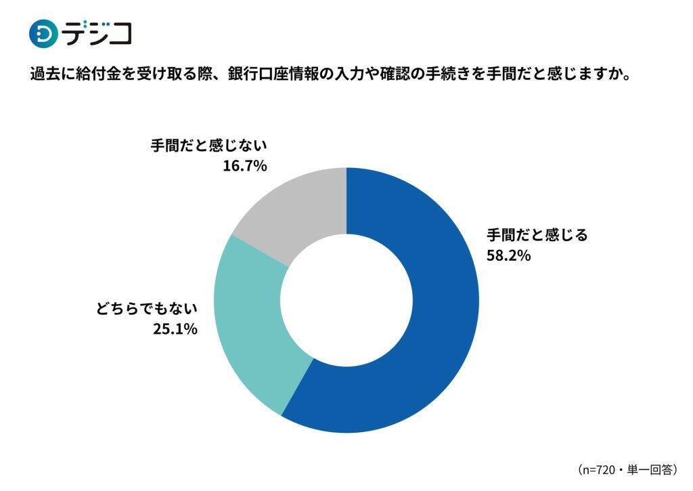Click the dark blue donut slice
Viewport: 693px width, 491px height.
coord(433,318)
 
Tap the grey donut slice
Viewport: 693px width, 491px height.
coord(291,210)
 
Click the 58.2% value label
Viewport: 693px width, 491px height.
coord(508,256)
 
